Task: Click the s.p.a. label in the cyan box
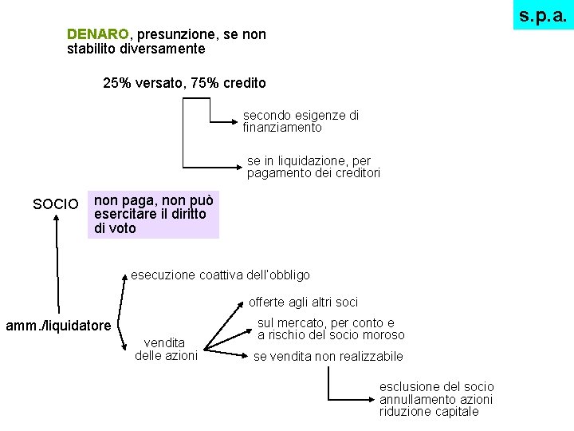click(x=543, y=15)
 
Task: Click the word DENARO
click(x=98, y=35)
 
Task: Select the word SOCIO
click(x=56, y=205)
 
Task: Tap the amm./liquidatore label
click(x=58, y=326)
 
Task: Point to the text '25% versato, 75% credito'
click(x=184, y=83)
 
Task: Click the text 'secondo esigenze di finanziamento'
click(x=301, y=121)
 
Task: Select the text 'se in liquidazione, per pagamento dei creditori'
click(x=313, y=167)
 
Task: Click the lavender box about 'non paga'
click(x=152, y=214)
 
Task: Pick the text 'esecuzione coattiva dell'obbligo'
click(x=220, y=275)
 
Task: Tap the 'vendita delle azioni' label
click(x=166, y=349)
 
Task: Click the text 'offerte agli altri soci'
click(x=303, y=302)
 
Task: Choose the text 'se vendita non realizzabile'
click(x=328, y=357)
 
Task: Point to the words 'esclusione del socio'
click(x=436, y=386)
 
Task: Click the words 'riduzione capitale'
click(x=429, y=412)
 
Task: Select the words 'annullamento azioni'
click(x=436, y=399)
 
